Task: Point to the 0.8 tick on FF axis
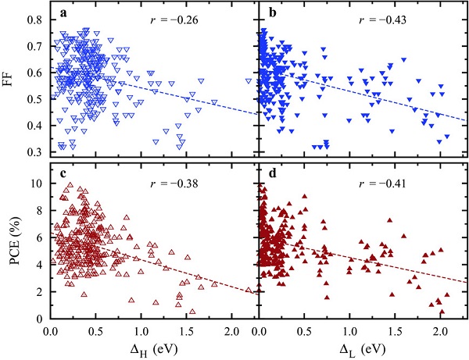point(37,17)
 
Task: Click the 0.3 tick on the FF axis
point(37,151)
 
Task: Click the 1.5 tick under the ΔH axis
point(186,330)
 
